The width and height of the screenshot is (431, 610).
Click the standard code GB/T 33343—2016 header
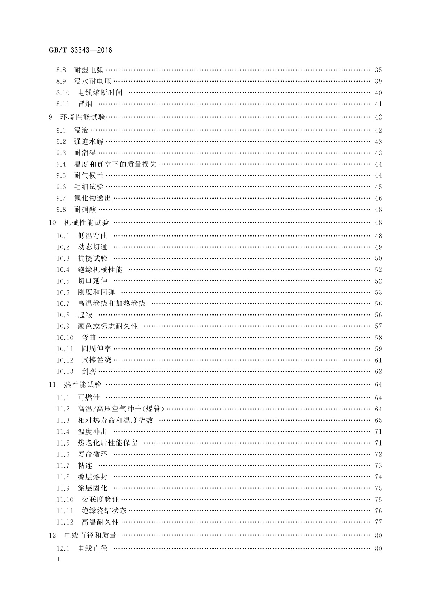(x=80, y=50)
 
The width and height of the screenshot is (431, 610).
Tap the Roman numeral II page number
(x=59, y=559)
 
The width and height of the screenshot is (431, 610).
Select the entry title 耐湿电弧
(x=89, y=70)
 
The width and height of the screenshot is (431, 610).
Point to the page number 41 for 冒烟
(x=378, y=104)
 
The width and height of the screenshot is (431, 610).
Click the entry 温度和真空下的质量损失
(x=115, y=164)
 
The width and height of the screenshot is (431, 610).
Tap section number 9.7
(x=61, y=198)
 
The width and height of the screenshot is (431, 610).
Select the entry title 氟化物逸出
(x=92, y=198)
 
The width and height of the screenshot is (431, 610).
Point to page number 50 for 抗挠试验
(x=378, y=258)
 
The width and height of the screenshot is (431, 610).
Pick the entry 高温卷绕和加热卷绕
(x=111, y=304)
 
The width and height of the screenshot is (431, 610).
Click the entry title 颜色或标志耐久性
(x=108, y=326)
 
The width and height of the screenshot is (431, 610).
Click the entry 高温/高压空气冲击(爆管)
(x=121, y=409)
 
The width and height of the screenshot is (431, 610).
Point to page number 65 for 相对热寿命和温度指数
(x=378, y=420)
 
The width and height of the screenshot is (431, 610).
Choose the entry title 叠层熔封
(x=92, y=477)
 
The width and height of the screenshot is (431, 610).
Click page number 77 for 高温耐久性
(x=378, y=522)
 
